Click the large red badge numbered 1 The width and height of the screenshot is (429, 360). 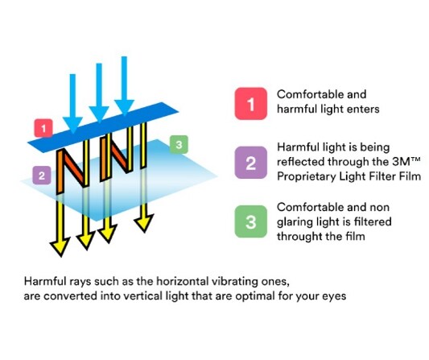[251, 104]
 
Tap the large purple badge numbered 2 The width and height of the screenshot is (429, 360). [251, 163]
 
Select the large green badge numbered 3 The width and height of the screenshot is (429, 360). [251, 221]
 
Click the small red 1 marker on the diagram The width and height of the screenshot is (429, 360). [43, 128]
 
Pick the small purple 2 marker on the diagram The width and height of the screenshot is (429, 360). [42, 176]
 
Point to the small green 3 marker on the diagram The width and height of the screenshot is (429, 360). [179, 144]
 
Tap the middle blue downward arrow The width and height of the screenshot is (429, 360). [99, 93]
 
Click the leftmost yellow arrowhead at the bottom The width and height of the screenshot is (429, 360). [60, 246]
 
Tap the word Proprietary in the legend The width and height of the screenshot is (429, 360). [306, 177]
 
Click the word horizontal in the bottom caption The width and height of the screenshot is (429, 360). [183, 281]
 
